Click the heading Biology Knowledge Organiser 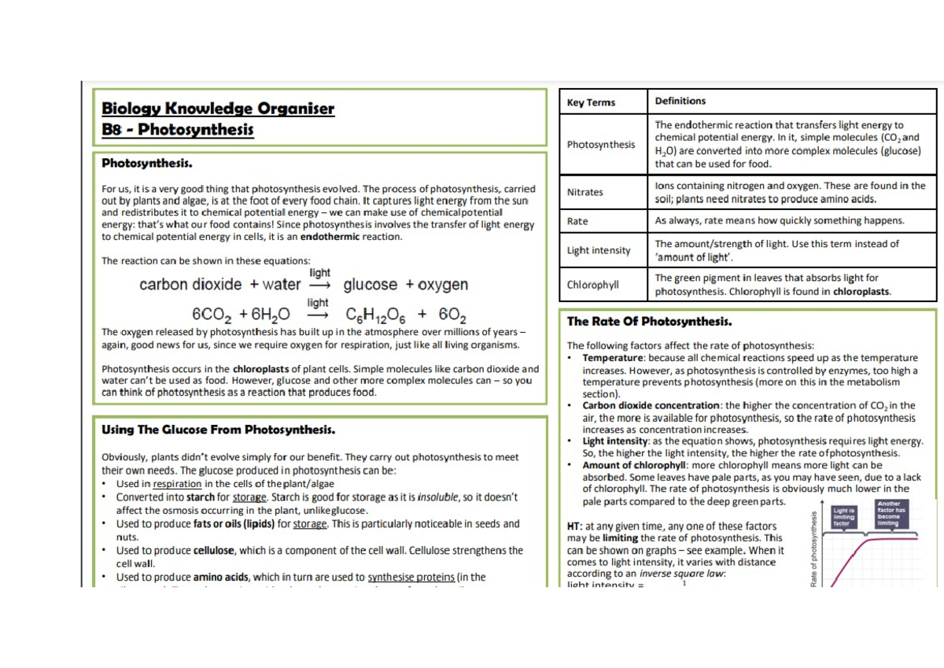218,109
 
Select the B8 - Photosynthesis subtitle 178,129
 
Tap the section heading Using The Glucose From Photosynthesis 219,430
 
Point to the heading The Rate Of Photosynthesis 650,321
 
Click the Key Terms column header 591,102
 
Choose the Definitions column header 680,101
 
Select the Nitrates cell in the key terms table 585,192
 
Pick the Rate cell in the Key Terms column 577,221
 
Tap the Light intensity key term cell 599,250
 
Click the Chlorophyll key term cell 593,285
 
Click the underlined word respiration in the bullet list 177,484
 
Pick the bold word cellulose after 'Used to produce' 214,551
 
